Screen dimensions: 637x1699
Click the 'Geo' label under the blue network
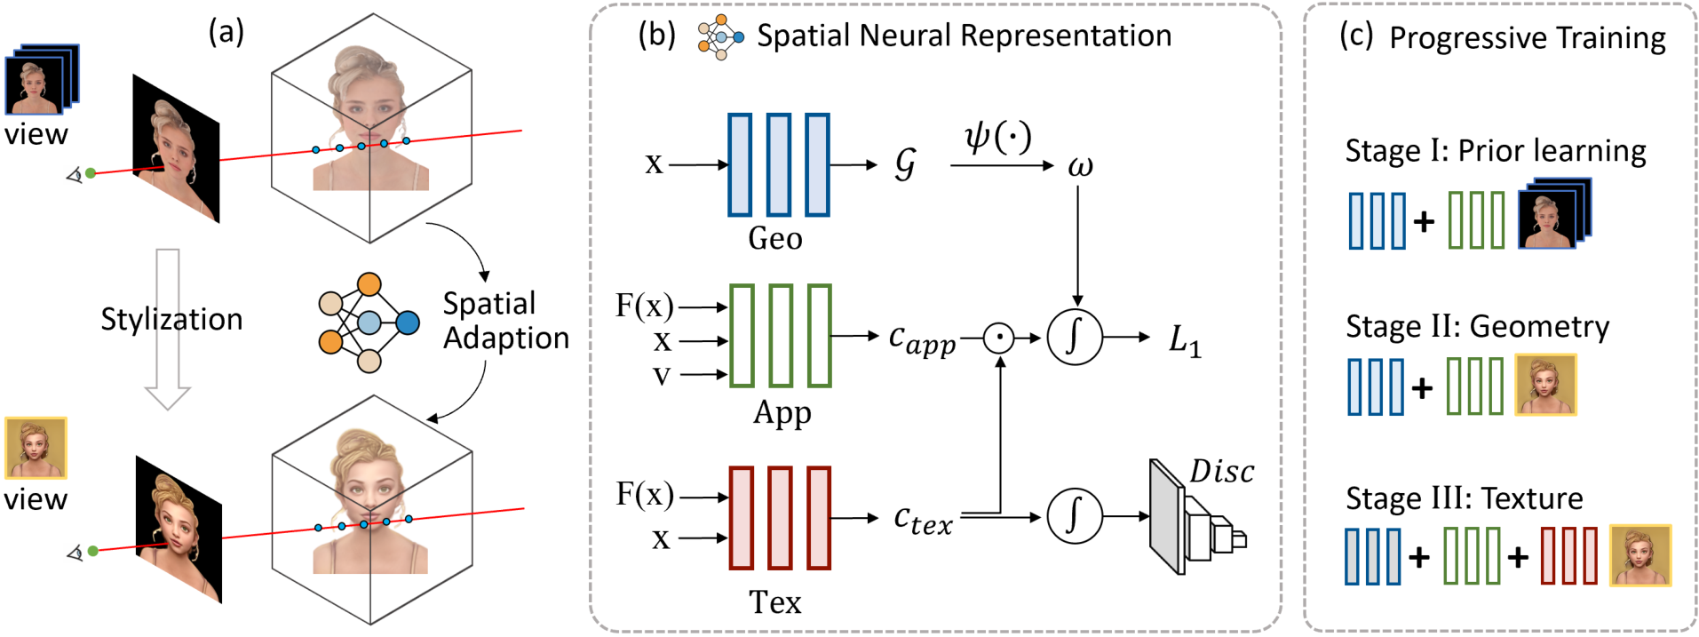775,239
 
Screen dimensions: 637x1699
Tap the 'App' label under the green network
782,413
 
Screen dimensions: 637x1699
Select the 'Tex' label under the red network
775,603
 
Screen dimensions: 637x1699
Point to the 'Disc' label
1222,472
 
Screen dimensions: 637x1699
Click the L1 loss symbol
1185,339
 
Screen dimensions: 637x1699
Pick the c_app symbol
922,339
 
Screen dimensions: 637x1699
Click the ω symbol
1080,166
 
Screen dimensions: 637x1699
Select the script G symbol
905,164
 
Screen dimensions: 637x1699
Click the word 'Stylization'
171,319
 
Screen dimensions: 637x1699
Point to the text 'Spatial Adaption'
505,321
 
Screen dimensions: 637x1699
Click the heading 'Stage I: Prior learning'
1496,151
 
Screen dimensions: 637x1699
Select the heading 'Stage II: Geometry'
1477,326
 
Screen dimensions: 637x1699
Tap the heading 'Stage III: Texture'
1464,498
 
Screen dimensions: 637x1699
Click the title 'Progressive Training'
1528,38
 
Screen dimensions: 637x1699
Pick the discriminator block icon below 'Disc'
1195,517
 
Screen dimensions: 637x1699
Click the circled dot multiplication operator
999,338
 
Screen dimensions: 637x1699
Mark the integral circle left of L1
1075,338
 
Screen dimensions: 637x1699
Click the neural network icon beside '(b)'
720,37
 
